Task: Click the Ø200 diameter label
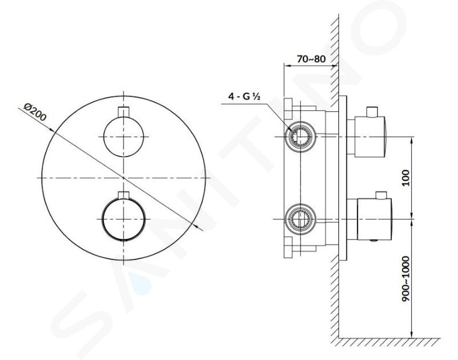coord(35,112)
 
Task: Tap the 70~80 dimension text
coord(311,59)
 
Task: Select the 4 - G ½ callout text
coord(244,96)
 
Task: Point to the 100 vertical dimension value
coord(406,178)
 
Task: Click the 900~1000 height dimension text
coord(406,279)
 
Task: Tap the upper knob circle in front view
coord(124,137)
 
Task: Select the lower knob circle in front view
coord(124,219)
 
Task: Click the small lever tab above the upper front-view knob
coord(124,113)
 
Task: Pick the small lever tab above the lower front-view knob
coord(124,195)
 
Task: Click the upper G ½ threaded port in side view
coord(301,137)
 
